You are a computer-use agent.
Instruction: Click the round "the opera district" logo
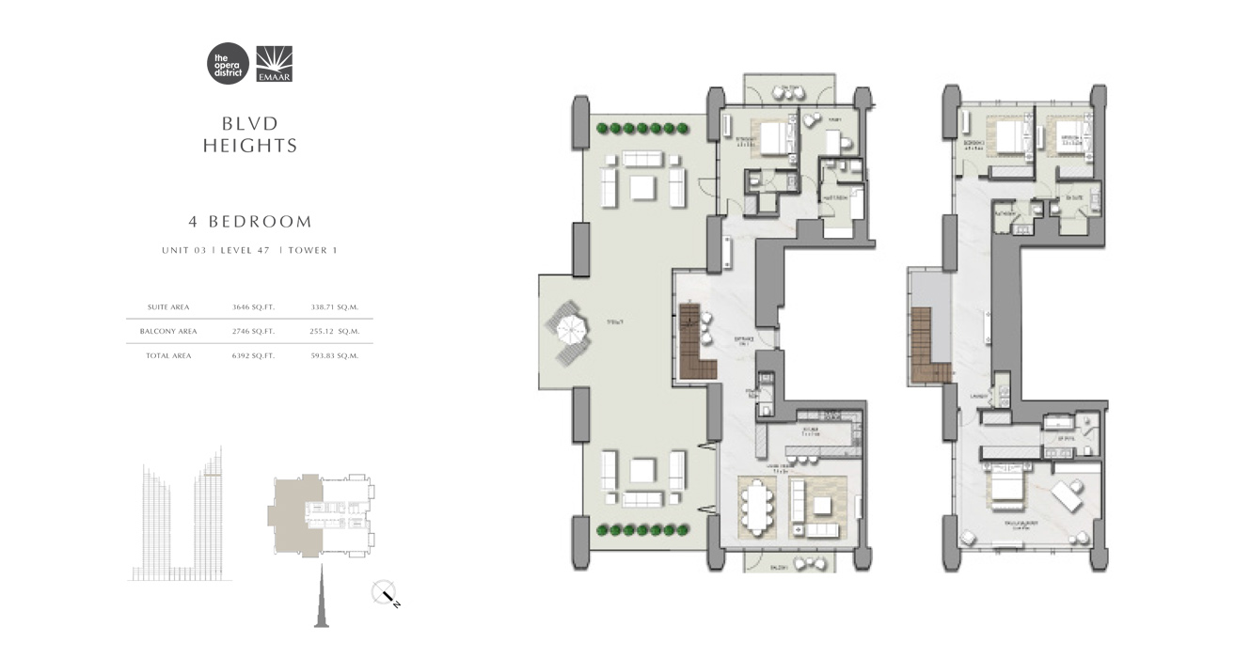pyautogui.click(x=228, y=64)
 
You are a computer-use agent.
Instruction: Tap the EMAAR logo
pyautogui.click(x=274, y=64)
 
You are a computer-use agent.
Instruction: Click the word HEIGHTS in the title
pyautogui.click(x=250, y=146)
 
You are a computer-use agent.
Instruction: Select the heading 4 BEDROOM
pyautogui.click(x=250, y=222)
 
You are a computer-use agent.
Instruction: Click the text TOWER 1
pyautogui.click(x=312, y=250)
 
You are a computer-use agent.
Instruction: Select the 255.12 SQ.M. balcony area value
pyautogui.click(x=335, y=331)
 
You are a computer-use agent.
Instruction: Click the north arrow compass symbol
pyautogui.click(x=387, y=594)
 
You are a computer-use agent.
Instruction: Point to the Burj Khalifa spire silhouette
pyautogui.click(x=317, y=592)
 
